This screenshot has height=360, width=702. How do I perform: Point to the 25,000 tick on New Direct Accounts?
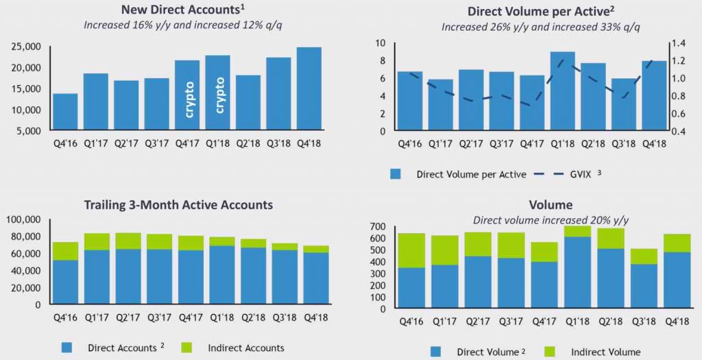(27, 47)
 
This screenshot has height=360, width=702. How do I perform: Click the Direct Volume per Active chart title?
(526, 11)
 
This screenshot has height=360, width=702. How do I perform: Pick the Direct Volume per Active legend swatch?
(396, 174)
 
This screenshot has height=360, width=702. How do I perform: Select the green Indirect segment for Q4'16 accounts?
(65, 251)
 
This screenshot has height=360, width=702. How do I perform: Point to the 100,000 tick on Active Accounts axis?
(25, 219)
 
